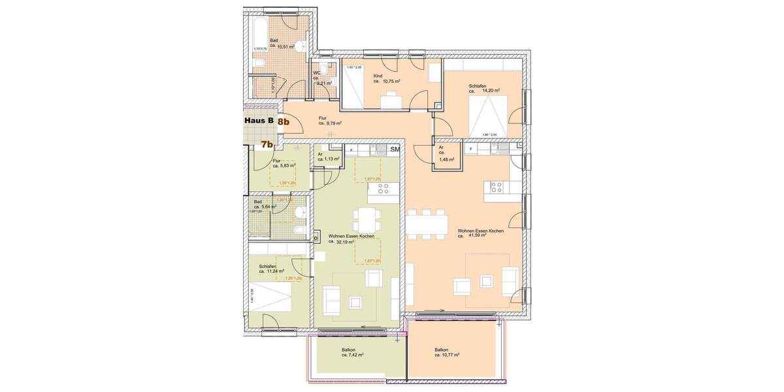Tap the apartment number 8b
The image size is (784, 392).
pyautogui.click(x=284, y=121)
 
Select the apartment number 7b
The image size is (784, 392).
pyautogui.click(x=267, y=144)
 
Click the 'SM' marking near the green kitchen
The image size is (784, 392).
pyautogui.click(x=394, y=150)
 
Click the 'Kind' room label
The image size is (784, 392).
pyautogui.click(x=378, y=76)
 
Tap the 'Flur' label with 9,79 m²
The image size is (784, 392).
pyautogui.click(x=322, y=118)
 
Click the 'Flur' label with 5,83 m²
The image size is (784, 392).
pyautogui.click(x=276, y=161)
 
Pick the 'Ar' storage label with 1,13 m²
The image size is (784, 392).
pyautogui.click(x=320, y=154)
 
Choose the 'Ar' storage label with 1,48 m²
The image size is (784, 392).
pyautogui.click(x=442, y=148)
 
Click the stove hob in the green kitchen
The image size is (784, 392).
pyautogui.click(x=384, y=189)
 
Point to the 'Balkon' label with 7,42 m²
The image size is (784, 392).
pyautogui.click(x=348, y=350)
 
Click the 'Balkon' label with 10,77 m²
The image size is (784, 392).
pyautogui.click(x=442, y=350)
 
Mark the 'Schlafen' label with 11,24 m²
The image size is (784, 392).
pyautogui.click(x=268, y=267)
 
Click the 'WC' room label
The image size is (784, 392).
pyautogui.click(x=317, y=73)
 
